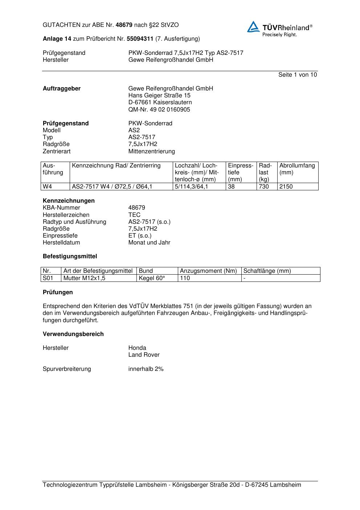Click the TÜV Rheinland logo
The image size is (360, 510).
click(x=279, y=28)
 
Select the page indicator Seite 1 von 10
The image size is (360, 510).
click(x=297, y=75)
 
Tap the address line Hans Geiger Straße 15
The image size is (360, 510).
click(x=159, y=96)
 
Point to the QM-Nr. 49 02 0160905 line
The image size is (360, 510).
click(x=159, y=110)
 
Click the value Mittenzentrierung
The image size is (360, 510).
click(x=151, y=151)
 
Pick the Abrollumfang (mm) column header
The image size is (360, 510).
click(x=297, y=169)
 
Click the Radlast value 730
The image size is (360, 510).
click(x=264, y=187)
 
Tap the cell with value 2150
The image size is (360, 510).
click(x=286, y=187)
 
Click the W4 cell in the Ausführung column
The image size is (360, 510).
click(x=48, y=187)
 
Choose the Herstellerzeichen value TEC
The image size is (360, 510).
click(x=134, y=215)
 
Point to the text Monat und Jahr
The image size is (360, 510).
click(x=149, y=243)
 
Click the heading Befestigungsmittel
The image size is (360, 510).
click(x=70, y=256)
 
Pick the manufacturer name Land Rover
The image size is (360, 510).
click(x=144, y=355)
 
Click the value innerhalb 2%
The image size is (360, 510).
click(x=146, y=369)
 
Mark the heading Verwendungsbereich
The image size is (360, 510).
click(x=73, y=334)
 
